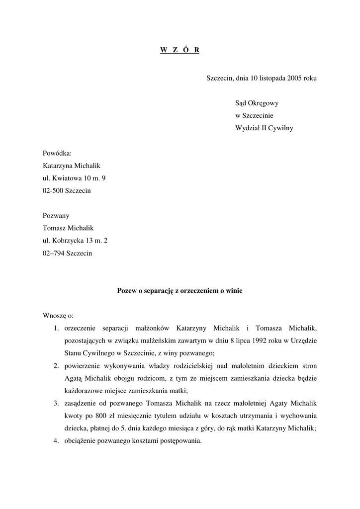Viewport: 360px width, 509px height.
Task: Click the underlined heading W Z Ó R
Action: click(x=180, y=51)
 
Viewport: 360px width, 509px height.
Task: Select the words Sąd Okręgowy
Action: click(x=257, y=103)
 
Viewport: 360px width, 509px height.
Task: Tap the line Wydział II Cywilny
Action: click(x=264, y=128)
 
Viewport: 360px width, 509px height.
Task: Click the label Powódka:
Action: click(x=57, y=154)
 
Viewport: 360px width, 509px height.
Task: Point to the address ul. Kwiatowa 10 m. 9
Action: click(x=74, y=178)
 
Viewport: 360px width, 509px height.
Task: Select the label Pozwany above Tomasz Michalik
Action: click(x=56, y=216)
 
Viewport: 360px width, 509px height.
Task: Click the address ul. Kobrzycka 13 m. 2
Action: click(x=75, y=241)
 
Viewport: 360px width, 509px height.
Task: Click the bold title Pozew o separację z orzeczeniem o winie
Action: click(x=180, y=291)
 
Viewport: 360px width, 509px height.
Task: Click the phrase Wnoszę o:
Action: click(x=58, y=316)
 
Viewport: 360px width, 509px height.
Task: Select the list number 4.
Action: click(x=57, y=440)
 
